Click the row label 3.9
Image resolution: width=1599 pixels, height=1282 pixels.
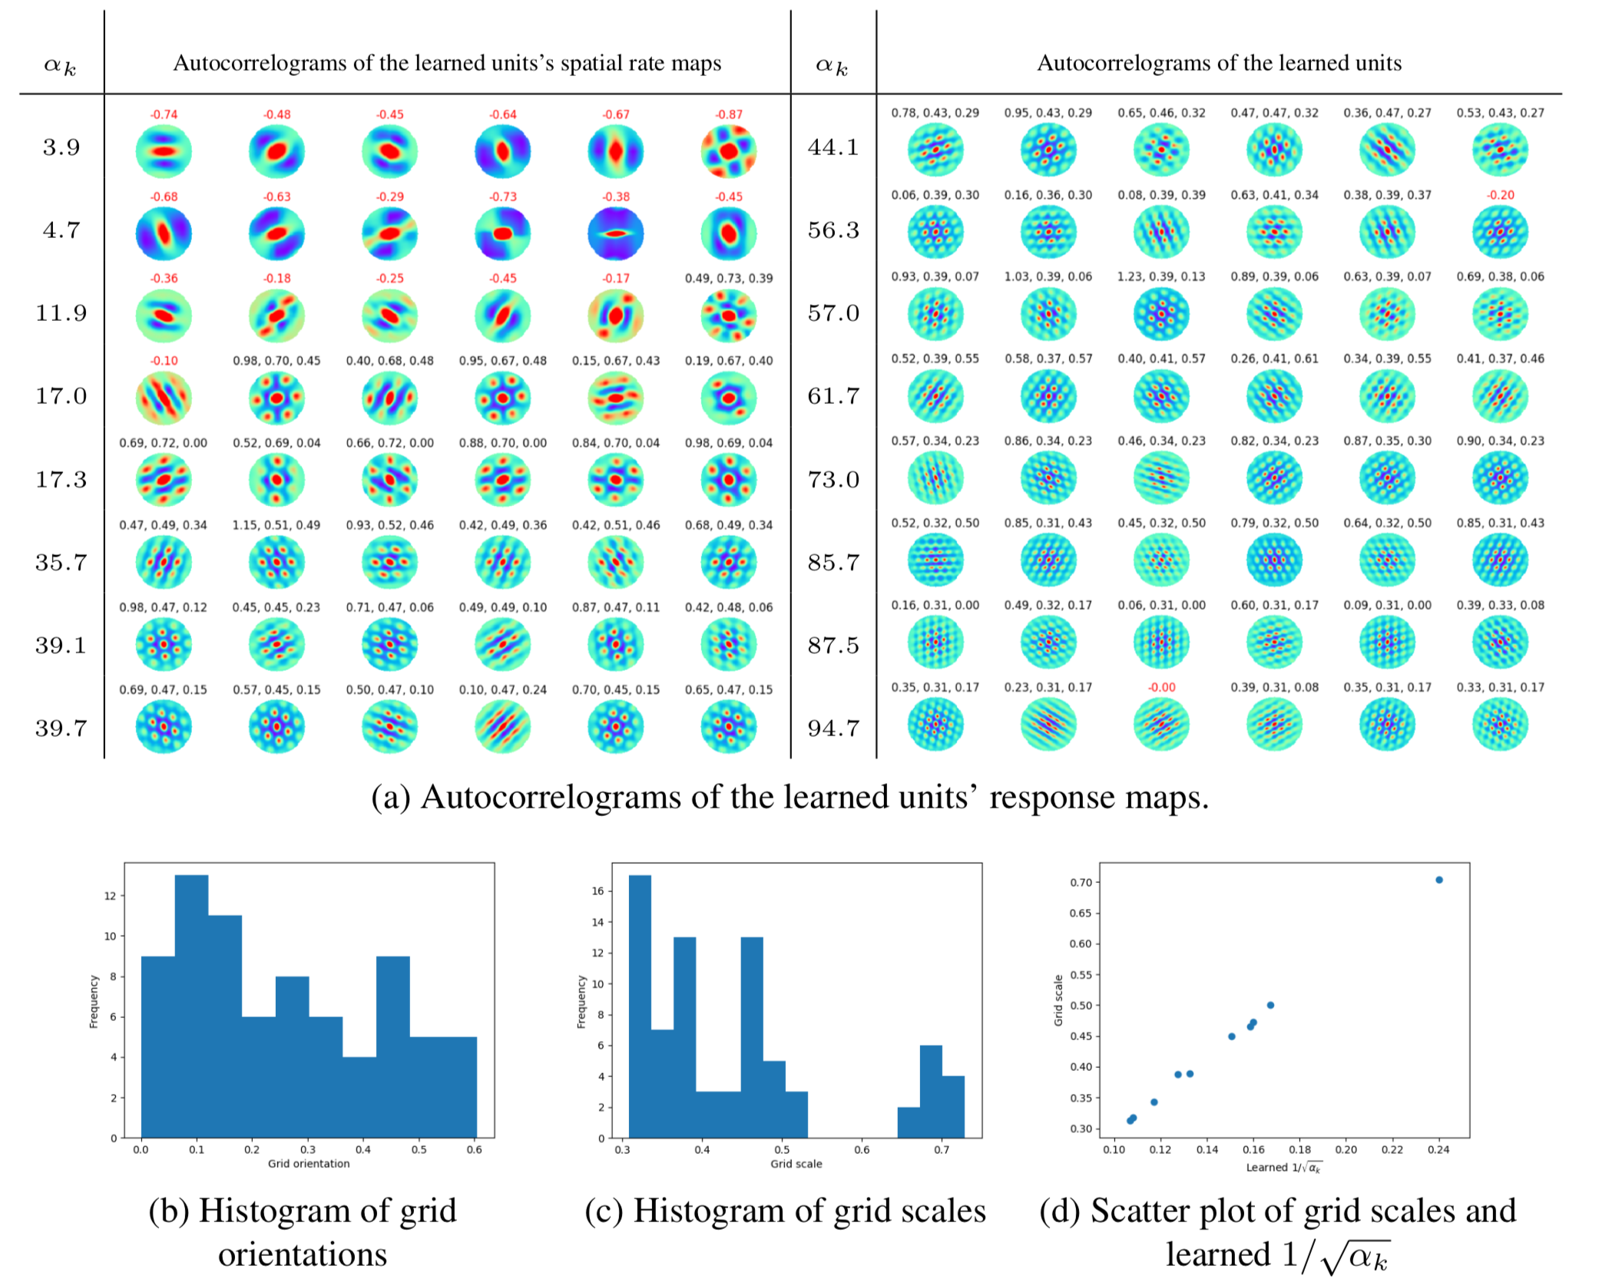click(61, 147)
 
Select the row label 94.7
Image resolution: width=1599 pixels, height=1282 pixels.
click(833, 727)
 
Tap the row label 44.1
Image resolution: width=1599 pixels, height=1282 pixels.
click(833, 147)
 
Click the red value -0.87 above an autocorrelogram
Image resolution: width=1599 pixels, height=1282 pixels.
click(729, 114)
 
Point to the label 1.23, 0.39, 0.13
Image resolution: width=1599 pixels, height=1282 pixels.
click(1161, 276)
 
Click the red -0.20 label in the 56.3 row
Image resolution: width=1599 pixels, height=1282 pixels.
click(1500, 195)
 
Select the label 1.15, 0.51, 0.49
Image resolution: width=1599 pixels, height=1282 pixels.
click(276, 525)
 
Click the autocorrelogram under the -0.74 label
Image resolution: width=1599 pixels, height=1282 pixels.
click(164, 151)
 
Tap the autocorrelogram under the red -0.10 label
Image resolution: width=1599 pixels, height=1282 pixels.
click(164, 398)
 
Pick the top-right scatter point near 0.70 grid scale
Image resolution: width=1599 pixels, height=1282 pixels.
click(1439, 880)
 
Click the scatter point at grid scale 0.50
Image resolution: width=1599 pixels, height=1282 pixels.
click(1270, 1005)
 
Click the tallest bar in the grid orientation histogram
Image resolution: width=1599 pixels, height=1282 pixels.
click(191, 1006)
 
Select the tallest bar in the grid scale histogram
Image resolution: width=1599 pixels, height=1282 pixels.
click(640, 1006)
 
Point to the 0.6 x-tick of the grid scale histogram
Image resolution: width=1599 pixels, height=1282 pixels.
click(862, 1150)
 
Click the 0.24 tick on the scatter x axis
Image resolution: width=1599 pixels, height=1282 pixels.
click(1438, 1150)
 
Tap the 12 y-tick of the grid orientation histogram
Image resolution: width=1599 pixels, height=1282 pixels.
click(111, 896)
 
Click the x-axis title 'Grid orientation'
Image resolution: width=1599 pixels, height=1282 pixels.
click(309, 1164)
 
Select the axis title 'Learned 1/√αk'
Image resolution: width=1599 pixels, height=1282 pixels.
click(1283, 1168)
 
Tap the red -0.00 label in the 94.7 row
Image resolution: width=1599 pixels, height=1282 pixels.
click(1161, 687)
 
